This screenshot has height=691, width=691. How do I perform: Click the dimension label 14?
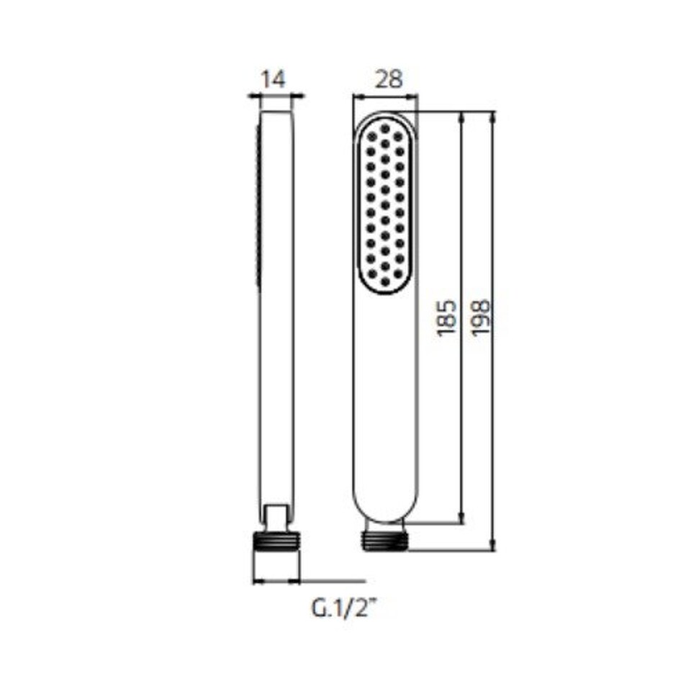click(274, 80)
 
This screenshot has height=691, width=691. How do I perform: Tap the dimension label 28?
click(389, 79)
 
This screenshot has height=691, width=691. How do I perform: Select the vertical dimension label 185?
click(446, 317)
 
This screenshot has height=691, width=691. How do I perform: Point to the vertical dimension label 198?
click(480, 317)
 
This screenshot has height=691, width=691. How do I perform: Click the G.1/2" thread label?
click(345, 608)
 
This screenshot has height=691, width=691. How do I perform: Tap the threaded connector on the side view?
click(276, 542)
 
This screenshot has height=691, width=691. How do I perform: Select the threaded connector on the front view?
click(386, 541)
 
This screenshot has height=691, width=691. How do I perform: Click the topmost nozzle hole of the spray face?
click(386, 128)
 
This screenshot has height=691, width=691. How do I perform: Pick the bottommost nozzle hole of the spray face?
click(386, 281)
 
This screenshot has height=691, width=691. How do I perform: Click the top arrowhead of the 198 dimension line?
click(493, 117)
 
